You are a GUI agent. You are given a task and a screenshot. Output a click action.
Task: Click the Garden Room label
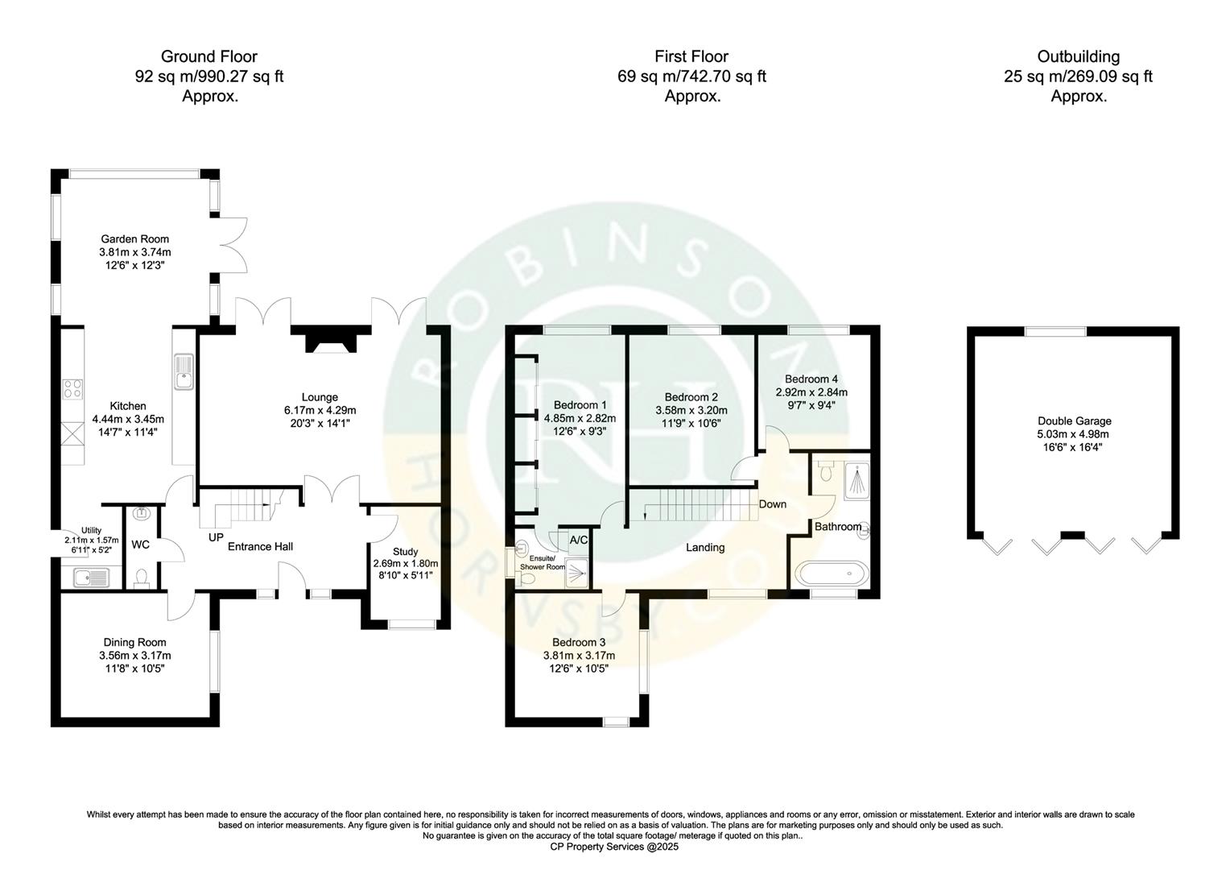134,238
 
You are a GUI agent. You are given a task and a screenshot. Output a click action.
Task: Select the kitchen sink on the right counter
184,373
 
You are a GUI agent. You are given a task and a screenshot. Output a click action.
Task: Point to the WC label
140,545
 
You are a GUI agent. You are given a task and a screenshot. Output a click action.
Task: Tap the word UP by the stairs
216,537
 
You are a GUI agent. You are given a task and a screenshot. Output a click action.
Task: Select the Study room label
405,552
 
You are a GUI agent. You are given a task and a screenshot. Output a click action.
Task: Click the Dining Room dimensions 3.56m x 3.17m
134,656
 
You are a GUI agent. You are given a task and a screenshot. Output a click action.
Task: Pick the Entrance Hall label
260,546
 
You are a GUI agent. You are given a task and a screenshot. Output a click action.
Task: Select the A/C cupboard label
578,541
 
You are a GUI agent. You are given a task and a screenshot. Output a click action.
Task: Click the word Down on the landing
772,504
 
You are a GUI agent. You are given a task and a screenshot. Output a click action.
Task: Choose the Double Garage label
1074,420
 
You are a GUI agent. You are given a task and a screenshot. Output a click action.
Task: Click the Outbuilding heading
1078,56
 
